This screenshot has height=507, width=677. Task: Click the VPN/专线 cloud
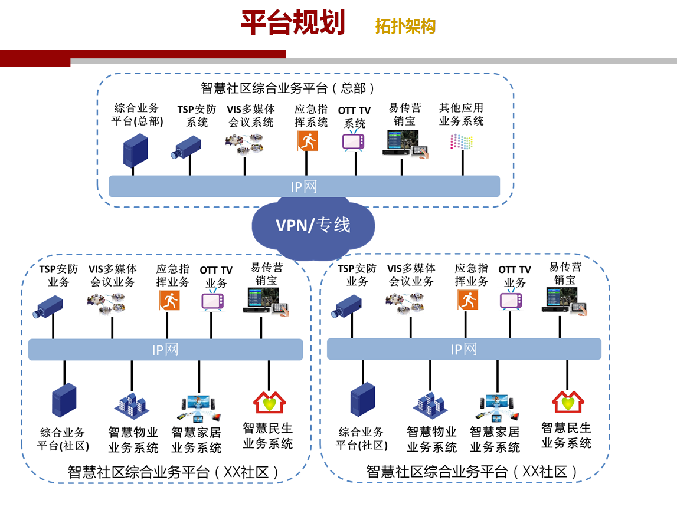pos(313,225)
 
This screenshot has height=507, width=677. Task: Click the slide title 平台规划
pos(293,23)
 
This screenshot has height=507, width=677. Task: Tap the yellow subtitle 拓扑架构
pos(405,27)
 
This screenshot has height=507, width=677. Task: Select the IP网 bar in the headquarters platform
pos(304,187)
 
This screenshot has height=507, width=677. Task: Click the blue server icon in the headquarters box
pos(135,150)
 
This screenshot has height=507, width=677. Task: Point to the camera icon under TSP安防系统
pos(187,147)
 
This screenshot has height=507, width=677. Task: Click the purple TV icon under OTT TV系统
pos(354,141)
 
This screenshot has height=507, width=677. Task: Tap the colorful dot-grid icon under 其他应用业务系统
pos(462,142)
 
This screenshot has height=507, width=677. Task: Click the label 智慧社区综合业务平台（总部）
pos(288,88)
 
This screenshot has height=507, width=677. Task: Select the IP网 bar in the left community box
pos(165,350)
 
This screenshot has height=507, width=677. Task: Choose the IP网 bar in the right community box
pos(464,349)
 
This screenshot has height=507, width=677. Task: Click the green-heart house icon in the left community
pos(269,402)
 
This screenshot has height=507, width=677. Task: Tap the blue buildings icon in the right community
pos(430,404)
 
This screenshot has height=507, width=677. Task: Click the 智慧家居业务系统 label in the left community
pos(197,440)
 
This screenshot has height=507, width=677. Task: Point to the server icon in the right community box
pos(362,400)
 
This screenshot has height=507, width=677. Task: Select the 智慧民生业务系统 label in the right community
pos(567,435)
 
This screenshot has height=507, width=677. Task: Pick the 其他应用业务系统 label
pos(461,114)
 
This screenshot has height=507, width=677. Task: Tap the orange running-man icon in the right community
pos(467,300)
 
